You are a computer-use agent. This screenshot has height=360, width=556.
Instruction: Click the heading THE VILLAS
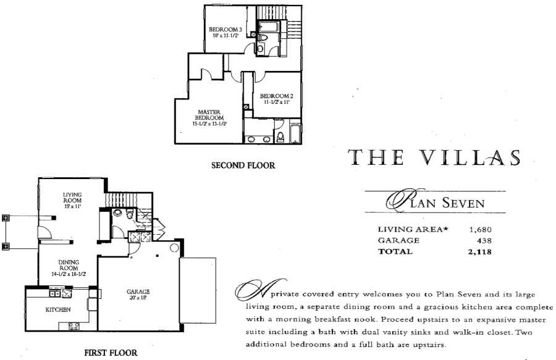[434, 157]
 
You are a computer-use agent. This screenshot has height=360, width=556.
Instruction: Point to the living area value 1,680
[480, 230]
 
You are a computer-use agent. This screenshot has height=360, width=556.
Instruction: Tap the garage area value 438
[484, 241]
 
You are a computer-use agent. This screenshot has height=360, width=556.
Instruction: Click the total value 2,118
[480, 252]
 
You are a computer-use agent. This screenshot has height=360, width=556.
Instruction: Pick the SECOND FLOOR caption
[243, 165]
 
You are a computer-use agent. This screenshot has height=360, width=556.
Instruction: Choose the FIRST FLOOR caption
[111, 353]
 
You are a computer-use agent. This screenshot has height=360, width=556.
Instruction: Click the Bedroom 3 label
[225, 30]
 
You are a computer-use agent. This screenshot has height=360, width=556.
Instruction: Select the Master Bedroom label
[209, 115]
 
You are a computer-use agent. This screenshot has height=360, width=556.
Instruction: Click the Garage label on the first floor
[138, 291]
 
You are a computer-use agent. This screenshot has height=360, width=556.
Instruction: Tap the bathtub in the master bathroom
[295, 133]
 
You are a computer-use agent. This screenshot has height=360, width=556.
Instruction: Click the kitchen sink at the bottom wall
[74, 326]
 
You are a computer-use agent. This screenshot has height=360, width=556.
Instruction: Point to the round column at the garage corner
[174, 248]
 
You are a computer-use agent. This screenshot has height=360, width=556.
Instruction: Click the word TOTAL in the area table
[393, 252]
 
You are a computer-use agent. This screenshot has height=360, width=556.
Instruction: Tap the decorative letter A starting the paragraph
[251, 293]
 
